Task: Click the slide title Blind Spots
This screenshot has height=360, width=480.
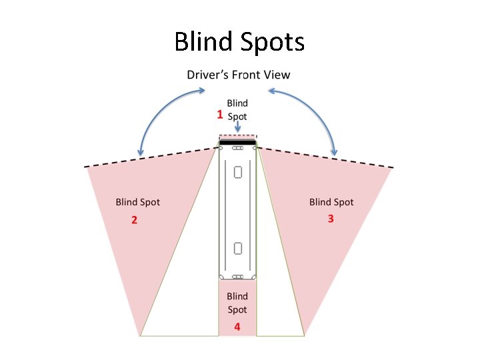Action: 239,42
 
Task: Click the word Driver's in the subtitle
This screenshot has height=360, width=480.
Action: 208,75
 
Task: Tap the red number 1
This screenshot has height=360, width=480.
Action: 220,115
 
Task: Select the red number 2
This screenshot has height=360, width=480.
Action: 134,220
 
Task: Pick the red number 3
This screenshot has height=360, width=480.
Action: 331,219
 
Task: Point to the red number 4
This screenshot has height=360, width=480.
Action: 237,327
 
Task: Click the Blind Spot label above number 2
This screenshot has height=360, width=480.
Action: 138,202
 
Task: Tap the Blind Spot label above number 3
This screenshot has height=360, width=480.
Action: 331,202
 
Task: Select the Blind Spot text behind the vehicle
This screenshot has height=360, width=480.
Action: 237,303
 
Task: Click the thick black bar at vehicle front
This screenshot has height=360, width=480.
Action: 238,143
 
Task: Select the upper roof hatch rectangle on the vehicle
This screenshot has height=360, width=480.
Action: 238,173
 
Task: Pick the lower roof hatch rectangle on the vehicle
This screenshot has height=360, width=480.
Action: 238,249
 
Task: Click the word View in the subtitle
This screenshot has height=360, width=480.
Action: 277,75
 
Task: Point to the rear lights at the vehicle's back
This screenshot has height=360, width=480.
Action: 238,277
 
